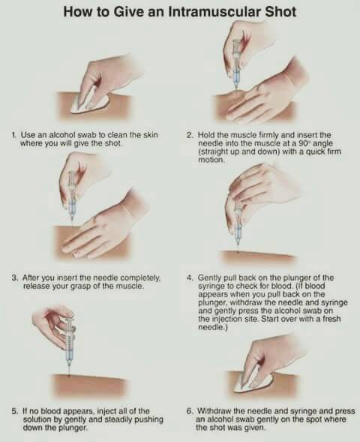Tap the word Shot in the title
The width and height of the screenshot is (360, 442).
280,12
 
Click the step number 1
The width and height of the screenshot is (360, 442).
13,135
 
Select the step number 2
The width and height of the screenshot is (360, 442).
190,135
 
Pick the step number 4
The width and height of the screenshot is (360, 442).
190,278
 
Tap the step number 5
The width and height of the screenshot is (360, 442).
14,411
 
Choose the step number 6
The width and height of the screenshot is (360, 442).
190,411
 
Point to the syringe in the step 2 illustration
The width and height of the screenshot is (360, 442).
235,65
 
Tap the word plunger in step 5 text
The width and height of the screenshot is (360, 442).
75,428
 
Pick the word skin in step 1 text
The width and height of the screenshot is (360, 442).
151,135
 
